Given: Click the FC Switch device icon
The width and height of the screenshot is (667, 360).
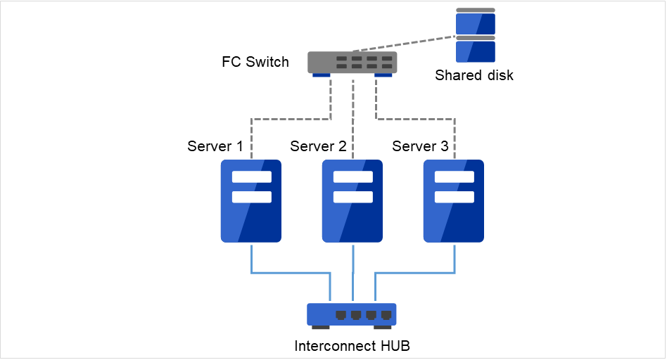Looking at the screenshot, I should pyautogui.click(x=352, y=62).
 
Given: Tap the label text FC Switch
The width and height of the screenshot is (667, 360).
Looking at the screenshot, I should pyautogui.click(x=255, y=62).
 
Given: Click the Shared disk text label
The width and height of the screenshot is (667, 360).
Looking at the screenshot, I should pyautogui.click(x=474, y=75).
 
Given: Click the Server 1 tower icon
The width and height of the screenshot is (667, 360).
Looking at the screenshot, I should pyautogui.click(x=251, y=200).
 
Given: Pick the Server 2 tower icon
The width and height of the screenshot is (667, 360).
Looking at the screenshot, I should pyautogui.click(x=352, y=200).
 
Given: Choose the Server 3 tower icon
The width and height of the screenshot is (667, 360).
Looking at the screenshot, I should pyautogui.click(x=454, y=200).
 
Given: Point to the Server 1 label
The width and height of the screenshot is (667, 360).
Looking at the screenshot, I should pyautogui.click(x=215, y=146).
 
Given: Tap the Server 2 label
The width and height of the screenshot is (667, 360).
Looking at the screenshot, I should pyautogui.click(x=318, y=146).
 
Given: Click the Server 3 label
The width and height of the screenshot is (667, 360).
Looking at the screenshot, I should pyautogui.click(x=420, y=146).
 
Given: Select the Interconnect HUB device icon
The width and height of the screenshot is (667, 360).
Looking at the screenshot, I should pyautogui.click(x=352, y=314).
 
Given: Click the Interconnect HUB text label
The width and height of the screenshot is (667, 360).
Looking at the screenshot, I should pyautogui.click(x=352, y=346).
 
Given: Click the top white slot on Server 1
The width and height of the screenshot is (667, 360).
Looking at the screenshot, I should pyautogui.click(x=251, y=176).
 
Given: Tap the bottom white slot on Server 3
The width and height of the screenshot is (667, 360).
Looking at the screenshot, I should pyautogui.click(x=454, y=196).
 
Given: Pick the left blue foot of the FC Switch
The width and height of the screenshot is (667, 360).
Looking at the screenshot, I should pyautogui.click(x=322, y=75).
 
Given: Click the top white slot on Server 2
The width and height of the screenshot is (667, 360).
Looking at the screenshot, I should pyautogui.click(x=352, y=176).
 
